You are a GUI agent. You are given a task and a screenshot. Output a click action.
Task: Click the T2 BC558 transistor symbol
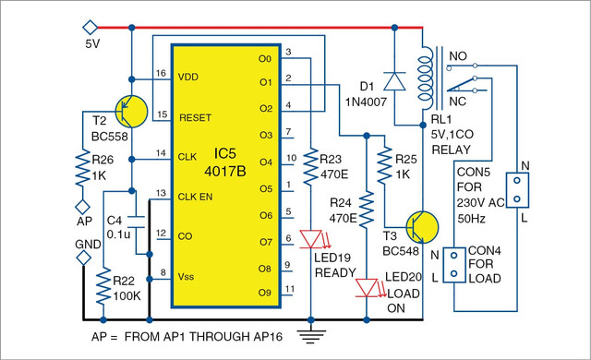131,112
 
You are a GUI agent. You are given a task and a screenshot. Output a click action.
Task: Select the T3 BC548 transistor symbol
422,227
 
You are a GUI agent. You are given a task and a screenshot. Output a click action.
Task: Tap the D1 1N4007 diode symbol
394,81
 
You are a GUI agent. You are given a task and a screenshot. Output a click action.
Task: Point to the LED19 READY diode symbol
311,239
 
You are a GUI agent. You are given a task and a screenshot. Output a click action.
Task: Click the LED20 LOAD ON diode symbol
367,288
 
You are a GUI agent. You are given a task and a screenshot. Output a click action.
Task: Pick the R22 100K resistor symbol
103,285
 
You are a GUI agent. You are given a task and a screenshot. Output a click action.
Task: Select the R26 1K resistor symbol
82,168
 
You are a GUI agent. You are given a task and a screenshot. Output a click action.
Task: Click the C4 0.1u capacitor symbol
136,222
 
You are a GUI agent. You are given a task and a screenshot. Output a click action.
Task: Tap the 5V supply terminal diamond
90,28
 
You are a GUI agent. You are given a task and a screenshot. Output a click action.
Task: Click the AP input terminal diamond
82,207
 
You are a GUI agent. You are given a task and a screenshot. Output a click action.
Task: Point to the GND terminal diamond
83,258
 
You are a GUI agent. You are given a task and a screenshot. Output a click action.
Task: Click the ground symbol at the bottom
311,336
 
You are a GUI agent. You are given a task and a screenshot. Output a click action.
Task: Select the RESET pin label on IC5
195,118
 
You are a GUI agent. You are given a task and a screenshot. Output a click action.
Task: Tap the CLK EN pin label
195,197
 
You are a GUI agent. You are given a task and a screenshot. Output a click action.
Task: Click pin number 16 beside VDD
161,73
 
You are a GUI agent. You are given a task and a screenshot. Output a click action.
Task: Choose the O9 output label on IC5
265,293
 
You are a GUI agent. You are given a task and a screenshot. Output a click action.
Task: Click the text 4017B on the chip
225,172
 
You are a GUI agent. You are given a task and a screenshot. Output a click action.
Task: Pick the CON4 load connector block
454,265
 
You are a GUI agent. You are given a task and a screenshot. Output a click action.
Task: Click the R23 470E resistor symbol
311,166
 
